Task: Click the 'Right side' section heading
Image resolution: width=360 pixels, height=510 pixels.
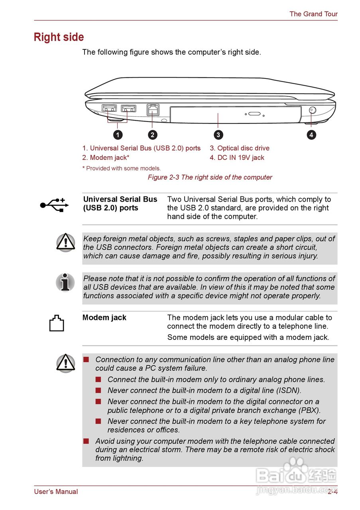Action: (x=59, y=37)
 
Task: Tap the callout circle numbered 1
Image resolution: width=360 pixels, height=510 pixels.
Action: (x=117, y=135)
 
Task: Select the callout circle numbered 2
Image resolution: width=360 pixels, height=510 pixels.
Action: (x=152, y=135)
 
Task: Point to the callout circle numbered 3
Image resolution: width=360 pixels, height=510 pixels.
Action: (x=218, y=135)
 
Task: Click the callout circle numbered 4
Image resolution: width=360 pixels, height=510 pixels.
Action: (x=311, y=135)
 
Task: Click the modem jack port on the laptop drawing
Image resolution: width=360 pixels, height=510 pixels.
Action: (x=153, y=110)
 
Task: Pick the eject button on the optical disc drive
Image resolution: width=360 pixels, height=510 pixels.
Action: (x=254, y=114)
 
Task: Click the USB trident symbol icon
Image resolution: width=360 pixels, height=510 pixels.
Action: (x=54, y=204)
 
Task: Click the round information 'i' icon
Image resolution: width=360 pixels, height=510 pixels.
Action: (x=65, y=282)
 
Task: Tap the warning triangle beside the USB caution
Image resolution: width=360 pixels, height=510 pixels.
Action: (x=65, y=242)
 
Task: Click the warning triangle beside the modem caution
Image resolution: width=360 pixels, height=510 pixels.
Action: (x=65, y=363)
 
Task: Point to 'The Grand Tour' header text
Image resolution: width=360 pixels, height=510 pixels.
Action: (x=313, y=14)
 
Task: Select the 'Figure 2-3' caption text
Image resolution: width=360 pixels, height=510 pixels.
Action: (x=210, y=177)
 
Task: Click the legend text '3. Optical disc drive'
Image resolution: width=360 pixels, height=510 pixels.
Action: (x=240, y=148)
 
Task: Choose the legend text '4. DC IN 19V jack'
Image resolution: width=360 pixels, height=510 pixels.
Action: (x=237, y=158)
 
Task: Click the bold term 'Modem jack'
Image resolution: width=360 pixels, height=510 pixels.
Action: (x=104, y=318)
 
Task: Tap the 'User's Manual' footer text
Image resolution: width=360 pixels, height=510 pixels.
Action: (x=56, y=492)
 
